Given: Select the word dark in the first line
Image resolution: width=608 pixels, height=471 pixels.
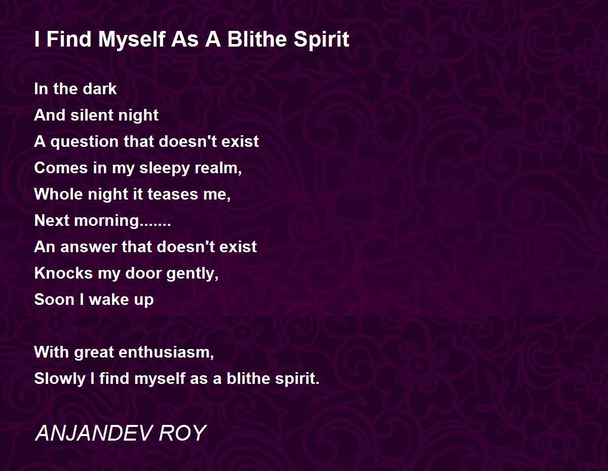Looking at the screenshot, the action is [x=100, y=89].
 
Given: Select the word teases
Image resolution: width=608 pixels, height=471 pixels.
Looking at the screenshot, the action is [x=173, y=194].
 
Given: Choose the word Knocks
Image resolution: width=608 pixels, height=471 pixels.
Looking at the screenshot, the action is [x=63, y=273].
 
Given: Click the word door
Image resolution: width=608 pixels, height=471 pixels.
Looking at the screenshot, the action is [x=143, y=273].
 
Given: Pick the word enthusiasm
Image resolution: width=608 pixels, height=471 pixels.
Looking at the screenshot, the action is [x=166, y=352].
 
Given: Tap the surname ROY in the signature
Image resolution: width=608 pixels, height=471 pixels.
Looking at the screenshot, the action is [x=183, y=433].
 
